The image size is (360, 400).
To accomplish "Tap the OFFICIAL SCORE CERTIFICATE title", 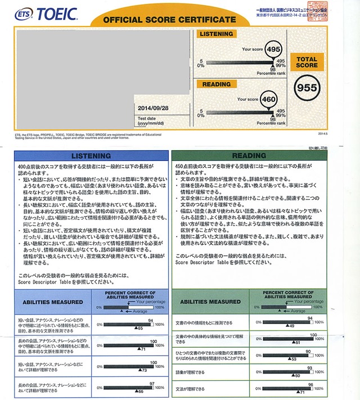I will tap(161, 20).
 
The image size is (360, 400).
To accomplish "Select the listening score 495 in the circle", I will tap(272, 50).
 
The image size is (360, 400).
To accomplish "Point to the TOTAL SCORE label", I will tap(307, 62).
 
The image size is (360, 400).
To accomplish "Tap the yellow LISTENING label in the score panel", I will tap(217, 34).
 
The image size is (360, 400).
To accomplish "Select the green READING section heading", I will tap(264, 155).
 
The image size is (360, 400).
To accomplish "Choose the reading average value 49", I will tap(291, 326).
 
